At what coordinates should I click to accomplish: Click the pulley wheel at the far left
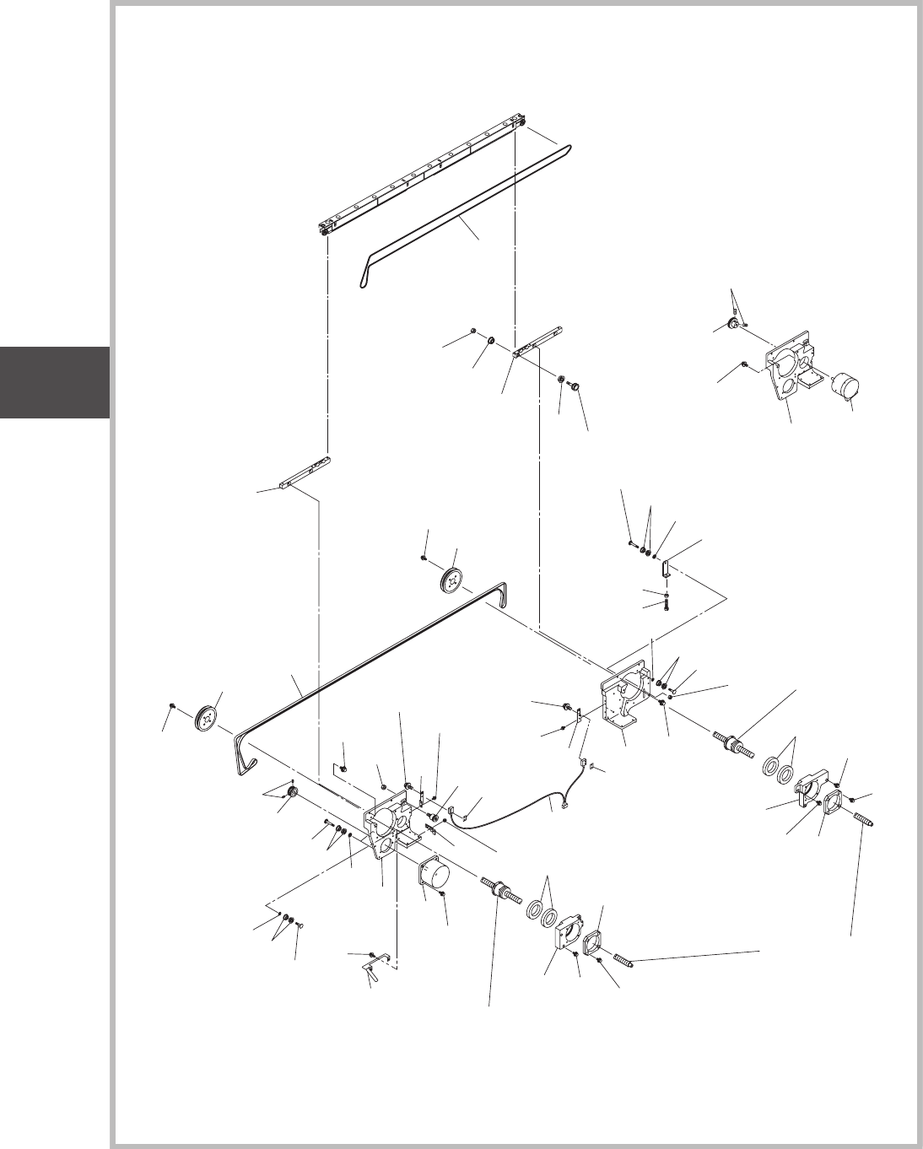(x=205, y=717)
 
